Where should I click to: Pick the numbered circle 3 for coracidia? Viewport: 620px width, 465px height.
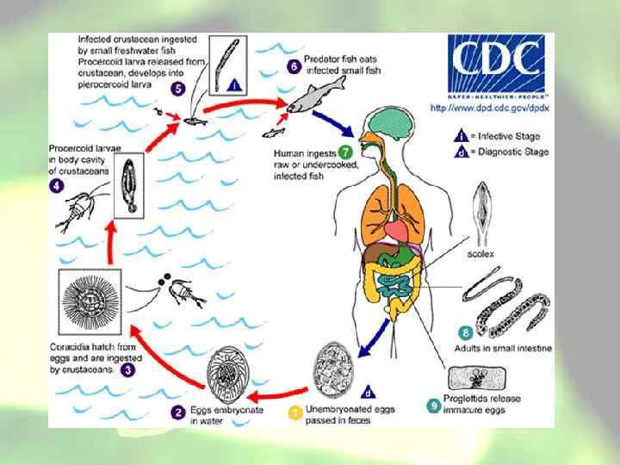[x=127, y=369]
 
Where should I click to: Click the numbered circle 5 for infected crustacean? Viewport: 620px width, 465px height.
[x=177, y=87]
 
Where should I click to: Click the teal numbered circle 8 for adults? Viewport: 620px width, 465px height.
[x=467, y=332]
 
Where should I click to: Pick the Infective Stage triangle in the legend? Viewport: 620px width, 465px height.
[x=462, y=134]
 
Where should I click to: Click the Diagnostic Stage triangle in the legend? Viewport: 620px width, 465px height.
[x=462, y=150]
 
